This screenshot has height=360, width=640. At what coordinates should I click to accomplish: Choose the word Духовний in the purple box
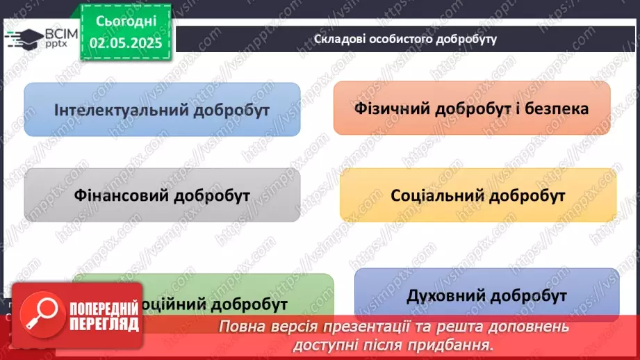point(445,296)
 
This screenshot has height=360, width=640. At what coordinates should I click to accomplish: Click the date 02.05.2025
point(126,42)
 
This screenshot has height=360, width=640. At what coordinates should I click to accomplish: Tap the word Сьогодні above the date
point(126,21)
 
